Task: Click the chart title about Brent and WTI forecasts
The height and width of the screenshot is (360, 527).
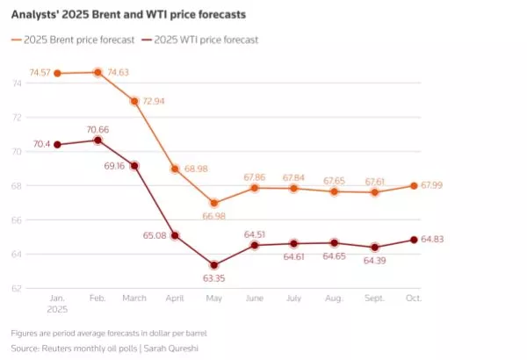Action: (128, 15)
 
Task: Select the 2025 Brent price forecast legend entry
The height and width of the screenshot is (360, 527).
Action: (77, 40)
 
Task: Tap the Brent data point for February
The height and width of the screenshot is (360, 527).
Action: (97, 72)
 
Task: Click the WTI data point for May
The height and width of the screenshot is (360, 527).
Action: (214, 265)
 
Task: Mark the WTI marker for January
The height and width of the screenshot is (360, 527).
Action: (58, 144)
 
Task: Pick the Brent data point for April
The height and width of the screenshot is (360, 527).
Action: (176, 169)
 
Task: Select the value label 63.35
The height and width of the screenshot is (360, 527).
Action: (214, 279)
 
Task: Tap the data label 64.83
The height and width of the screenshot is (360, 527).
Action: (430, 240)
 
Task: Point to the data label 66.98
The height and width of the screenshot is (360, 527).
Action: (214, 216)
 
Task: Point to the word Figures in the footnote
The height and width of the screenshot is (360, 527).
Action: (26, 335)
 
